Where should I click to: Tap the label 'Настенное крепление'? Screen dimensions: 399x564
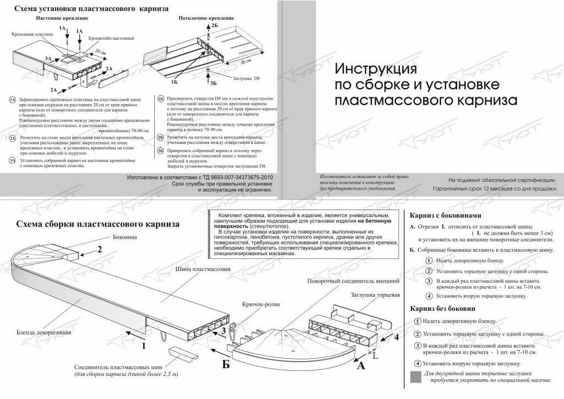pyautogui.click(x=62, y=18)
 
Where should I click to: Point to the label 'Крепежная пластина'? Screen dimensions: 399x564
pyautogui.click(x=32, y=34)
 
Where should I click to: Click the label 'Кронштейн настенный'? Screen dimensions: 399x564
pyautogui.click(x=111, y=39)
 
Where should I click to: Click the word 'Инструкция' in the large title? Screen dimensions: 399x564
pyautogui.click(x=376, y=69)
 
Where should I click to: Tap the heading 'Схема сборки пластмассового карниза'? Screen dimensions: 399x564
pyautogui.click(x=98, y=224)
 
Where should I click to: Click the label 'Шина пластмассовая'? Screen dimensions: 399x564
pyautogui.click(x=203, y=270)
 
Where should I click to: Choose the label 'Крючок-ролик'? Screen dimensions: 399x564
pyautogui.click(x=261, y=304)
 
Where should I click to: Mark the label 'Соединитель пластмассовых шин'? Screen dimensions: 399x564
pyautogui.click(x=126, y=367)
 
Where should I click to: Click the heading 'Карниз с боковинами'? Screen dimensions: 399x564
pyautogui.click(x=446, y=215)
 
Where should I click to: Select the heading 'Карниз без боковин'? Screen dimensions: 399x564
pyautogui.click(x=442, y=309)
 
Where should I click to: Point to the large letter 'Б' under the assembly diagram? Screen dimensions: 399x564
pyautogui.click(x=226, y=364)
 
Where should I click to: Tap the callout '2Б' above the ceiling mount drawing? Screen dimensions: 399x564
pyautogui.click(x=214, y=26)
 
